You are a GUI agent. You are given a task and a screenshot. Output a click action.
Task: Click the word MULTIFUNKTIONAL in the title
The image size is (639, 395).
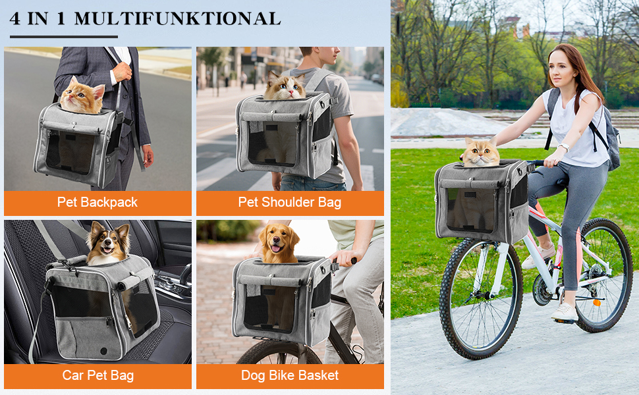[x=177, y=18]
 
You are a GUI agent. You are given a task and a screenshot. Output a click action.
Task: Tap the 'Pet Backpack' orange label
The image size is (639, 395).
[x=97, y=203]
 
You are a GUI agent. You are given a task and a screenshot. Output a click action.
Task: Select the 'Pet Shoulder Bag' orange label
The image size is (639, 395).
[x=290, y=203]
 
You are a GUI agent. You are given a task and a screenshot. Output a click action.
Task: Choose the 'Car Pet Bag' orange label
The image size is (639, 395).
[x=97, y=376]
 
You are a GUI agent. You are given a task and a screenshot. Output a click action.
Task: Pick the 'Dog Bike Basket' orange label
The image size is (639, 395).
[x=290, y=376]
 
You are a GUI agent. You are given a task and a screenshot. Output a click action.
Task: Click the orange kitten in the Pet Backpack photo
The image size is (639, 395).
[x=82, y=97]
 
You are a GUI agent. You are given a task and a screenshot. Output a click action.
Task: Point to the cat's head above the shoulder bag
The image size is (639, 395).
[x=285, y=86]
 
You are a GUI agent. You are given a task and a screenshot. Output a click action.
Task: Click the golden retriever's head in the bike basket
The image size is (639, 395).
[x=279, y=242]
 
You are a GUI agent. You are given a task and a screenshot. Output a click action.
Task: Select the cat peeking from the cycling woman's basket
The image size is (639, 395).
[x=481, y=153]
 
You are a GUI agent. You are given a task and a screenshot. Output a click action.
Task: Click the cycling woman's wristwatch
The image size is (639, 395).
[x=564, y=147]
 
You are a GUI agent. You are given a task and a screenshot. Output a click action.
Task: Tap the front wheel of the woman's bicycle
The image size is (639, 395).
[x=481, y=300]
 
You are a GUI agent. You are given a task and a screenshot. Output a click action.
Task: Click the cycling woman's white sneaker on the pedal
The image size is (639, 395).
[x=565, y=313]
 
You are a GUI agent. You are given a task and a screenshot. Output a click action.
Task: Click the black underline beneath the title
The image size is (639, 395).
[x=64, y=37]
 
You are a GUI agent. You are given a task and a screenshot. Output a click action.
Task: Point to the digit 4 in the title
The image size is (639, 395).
[x=14, y=18]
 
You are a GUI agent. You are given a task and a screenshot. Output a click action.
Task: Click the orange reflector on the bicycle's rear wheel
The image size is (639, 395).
[x=597, y=303]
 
